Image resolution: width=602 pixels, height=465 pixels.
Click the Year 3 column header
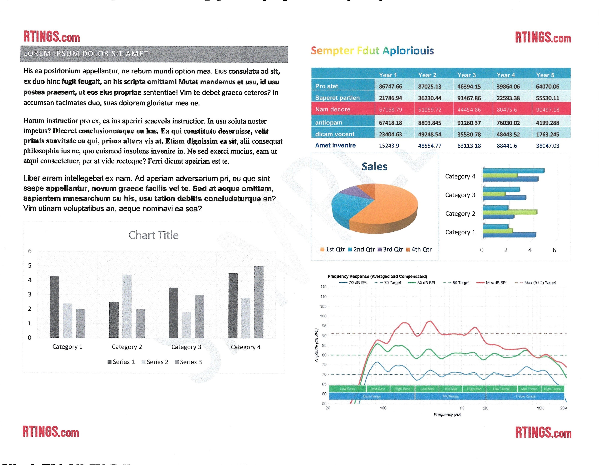pyautogui.click(x=467, y=75)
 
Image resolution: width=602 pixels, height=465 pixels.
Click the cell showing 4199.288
pyautogui.click(x=547, y=123)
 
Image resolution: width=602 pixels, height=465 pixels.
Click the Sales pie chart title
pyautogui.click(x=374, y=167)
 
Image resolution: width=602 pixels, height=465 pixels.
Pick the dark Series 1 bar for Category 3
pyautogui.click(x=173, y=313)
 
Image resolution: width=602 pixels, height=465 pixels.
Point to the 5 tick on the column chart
pyautogui.click(x=30, y=266)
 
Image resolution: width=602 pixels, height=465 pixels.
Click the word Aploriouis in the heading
pyautogui.click(x=408, y=51)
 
